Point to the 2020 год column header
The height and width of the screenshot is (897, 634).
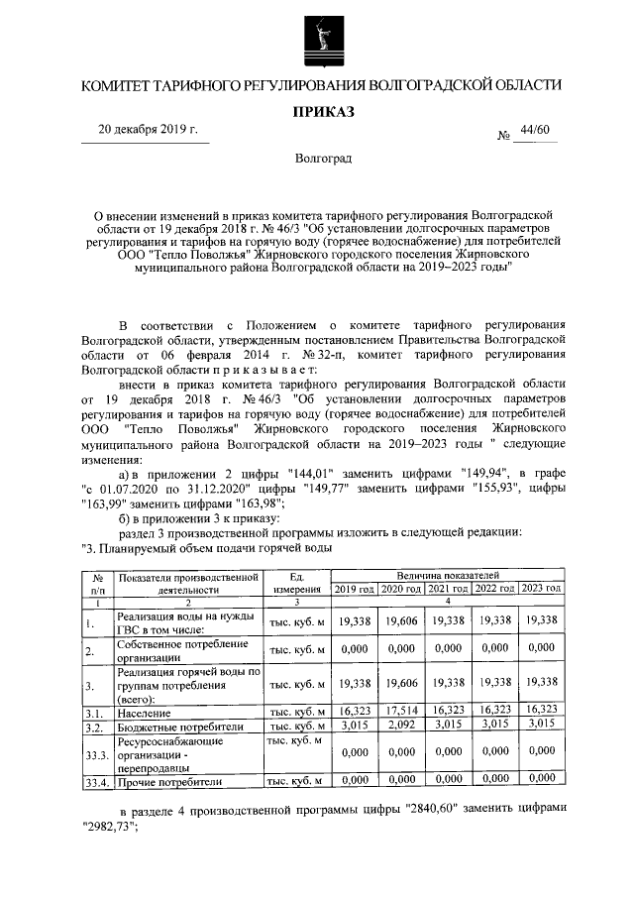click(x=401, y=589)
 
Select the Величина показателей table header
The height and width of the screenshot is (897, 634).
click(x=448, y=574)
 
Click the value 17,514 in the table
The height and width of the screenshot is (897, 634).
click(x=401, y=712)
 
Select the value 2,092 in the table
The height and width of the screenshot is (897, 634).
click(x=401, y=727)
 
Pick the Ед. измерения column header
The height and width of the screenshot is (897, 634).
click(x=295, y=581)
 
